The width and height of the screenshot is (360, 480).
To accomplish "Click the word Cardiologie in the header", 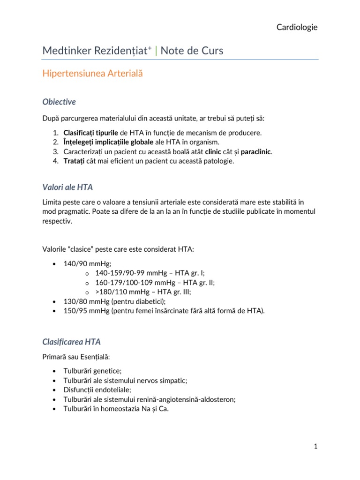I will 297,28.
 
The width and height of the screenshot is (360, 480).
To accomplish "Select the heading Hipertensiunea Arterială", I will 92,74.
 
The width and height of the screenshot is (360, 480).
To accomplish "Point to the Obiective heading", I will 59,102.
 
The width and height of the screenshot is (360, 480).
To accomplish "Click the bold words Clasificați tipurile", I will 91,133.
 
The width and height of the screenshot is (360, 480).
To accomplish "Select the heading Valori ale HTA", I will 67,187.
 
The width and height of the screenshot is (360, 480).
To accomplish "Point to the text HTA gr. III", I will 174,292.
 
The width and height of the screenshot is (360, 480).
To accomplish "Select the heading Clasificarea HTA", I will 71,342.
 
